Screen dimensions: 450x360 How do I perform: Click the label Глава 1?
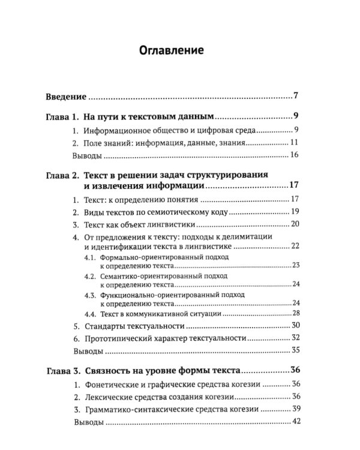click(62, 117)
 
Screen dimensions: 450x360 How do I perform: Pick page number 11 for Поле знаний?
click(294, 143)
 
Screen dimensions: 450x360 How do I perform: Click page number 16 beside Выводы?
click(294, 157)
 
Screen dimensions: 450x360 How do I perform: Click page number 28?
click(295, 313)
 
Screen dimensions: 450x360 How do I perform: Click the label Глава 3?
click(62, 370)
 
